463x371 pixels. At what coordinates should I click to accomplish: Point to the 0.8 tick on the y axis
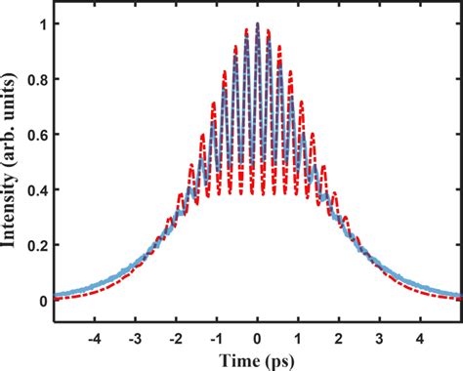pos(34,79)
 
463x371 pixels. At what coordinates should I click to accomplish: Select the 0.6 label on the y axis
pos(34,135)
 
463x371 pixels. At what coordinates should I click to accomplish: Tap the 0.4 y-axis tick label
pos(34,190)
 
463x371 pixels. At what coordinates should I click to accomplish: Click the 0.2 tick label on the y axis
pos(34,246)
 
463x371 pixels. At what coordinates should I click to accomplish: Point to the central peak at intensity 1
pos(257,23)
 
